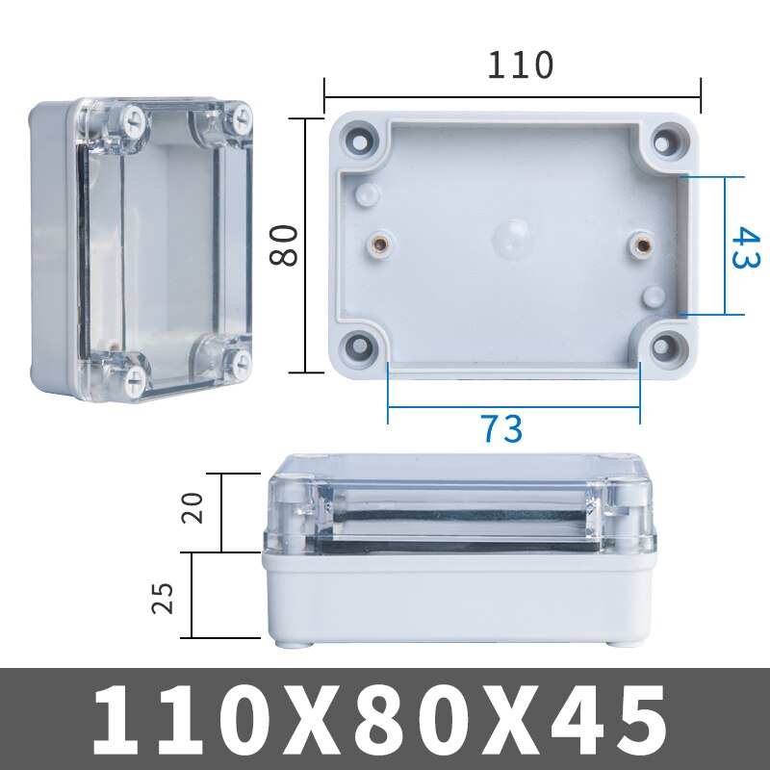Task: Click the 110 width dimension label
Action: [520, 65]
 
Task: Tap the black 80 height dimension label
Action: [284, 245]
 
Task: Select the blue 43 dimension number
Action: [745, 247]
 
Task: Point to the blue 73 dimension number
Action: [500, 428]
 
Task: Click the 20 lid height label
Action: [192, 507]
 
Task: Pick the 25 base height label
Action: [163, 598]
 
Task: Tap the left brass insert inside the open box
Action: [380, 244]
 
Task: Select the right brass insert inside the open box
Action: [642, 244]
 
